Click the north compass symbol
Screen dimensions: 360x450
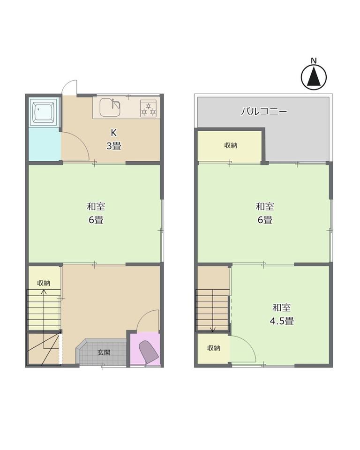point(314,77)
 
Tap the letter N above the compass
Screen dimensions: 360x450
point(314,60)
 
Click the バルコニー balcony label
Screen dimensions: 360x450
point(264,112)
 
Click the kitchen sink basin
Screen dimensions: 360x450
point(110,108)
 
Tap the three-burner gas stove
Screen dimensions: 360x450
point(149,108)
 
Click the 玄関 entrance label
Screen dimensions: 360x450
point(104,352)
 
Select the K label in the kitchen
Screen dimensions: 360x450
point(114,133)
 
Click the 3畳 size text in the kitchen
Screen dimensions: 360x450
point(114,146)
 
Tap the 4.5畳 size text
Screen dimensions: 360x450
point(282,321)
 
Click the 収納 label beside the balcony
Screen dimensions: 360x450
point(231,145)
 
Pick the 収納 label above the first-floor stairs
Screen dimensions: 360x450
point(44,283)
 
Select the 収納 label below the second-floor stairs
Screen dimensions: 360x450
point(214,348)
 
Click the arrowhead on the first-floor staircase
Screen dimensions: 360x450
point(44,292)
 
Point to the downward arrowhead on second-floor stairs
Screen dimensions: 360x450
point(213,330)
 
